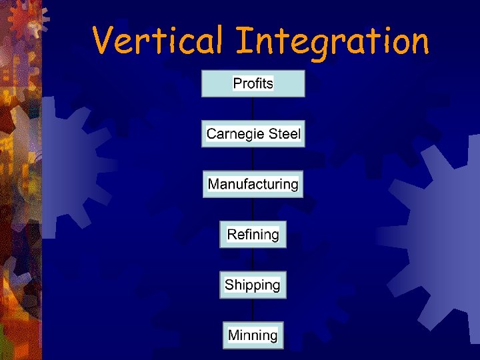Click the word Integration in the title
pyautogui.click(x=332, y=41)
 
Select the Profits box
pyautogui.click(x=253, y=84)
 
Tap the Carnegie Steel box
pyautogui.click(x=253, y=134)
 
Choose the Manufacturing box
pyautogui.click(x=253, y=184)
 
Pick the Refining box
pyautogui.click(x=253, y=235)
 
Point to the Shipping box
pyautogui.click(x=253, y=285)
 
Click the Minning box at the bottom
pyautogui.click(x=253, y=335)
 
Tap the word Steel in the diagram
pyautogui.click(x=285, y=134)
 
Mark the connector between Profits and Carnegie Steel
pyautogui.click(x=253, y=109)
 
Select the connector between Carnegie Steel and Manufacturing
pyautogui.click(x=253, y=159)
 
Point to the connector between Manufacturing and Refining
pyautogui.click(x=253, y=209)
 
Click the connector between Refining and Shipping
pyautogui.click(x=253, y=260)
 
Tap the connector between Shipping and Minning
pyautogui.click(x=253, y=310)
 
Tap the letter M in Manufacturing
pyautogui.click(x=215, y=184)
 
